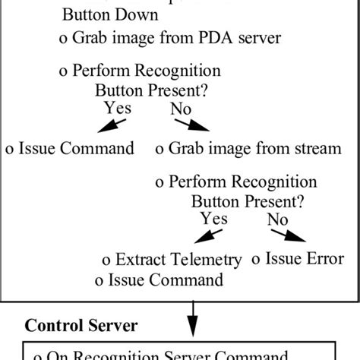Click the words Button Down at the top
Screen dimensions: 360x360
(x=110, y=15)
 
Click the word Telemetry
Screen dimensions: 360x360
(x=205, y=260)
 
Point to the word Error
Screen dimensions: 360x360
(x=323, y=259)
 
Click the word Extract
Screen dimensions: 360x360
(x=140, y=260)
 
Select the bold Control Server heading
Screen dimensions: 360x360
(x=81, y=326)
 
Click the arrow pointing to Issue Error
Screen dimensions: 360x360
(x=290, y=236)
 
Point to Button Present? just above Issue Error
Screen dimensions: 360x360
(x=248, y=202)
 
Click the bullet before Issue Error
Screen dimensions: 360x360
(x=256, y=260)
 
